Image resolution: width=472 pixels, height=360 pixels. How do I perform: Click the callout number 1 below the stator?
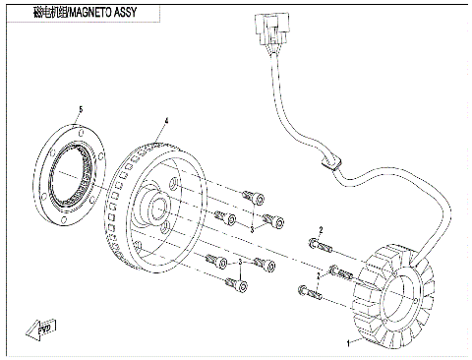pos(346,345)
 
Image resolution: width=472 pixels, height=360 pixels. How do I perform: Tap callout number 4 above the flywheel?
pos(166,121)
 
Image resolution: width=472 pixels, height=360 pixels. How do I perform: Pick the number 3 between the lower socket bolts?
pos(239,264)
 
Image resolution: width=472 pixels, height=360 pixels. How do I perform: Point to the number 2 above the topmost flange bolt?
pos(320,229)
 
